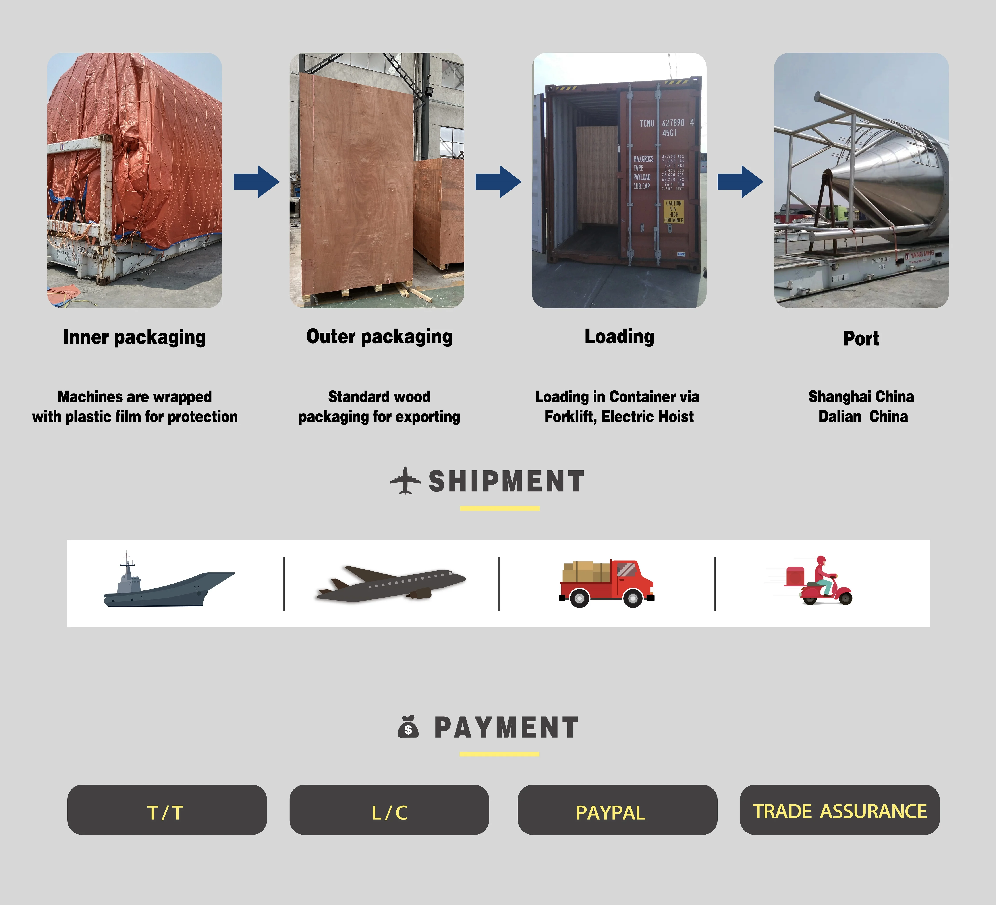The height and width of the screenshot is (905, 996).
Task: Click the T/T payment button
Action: pyautogui.click(x=166, y=810)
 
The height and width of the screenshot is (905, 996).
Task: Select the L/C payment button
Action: pyautogui.click(x=389, y=810)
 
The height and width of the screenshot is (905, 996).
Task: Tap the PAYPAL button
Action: pyautogui.click(x=617, y=810)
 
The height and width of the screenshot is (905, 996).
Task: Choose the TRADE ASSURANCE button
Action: pyautogui.click(x=839, y=810)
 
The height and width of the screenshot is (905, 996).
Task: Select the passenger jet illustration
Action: pyautogui.click(x=390, y=583)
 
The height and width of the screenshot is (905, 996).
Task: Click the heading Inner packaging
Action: pyautogui.click(x=134, y=337)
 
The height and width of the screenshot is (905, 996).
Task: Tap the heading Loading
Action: pyautogui.click(x=619, y=336)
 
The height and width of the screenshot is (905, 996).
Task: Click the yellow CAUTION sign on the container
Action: pyautogui.click(x=673, y=212)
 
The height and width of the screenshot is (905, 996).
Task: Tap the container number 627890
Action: pyautogui.click(x=673, y=123)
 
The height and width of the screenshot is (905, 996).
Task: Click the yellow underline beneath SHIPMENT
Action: pyautogui.click(x=500, y=508)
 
